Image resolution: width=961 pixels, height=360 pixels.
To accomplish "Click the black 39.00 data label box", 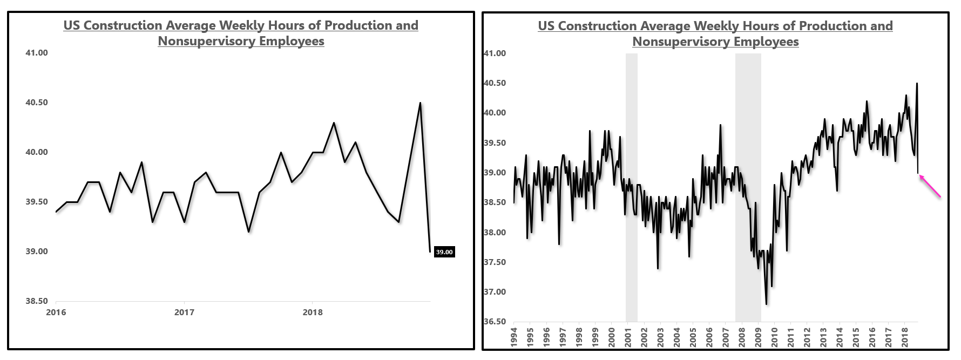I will (444, 252).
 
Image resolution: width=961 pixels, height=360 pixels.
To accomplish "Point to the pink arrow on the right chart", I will (930, 186).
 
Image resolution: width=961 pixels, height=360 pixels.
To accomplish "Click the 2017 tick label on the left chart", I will (184, 313).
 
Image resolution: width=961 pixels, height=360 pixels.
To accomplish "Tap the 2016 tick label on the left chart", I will (56, 313).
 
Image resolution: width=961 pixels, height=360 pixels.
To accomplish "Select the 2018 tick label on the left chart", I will (312, 313).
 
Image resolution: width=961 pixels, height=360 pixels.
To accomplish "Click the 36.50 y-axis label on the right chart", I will (495, 322).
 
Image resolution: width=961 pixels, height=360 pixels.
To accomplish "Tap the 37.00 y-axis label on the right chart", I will (495, 292).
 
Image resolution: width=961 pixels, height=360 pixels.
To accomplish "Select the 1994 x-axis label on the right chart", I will (514, 337).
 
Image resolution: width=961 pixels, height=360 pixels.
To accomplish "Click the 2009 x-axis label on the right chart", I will (758, 337).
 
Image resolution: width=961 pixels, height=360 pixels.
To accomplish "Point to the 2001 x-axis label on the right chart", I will (628, 337).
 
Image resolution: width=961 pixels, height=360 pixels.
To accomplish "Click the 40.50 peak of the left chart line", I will (420, 103).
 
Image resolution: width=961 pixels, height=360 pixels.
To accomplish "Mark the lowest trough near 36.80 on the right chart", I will (766, 304).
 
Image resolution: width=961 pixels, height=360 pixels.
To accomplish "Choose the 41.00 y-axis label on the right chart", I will (495, 53).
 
